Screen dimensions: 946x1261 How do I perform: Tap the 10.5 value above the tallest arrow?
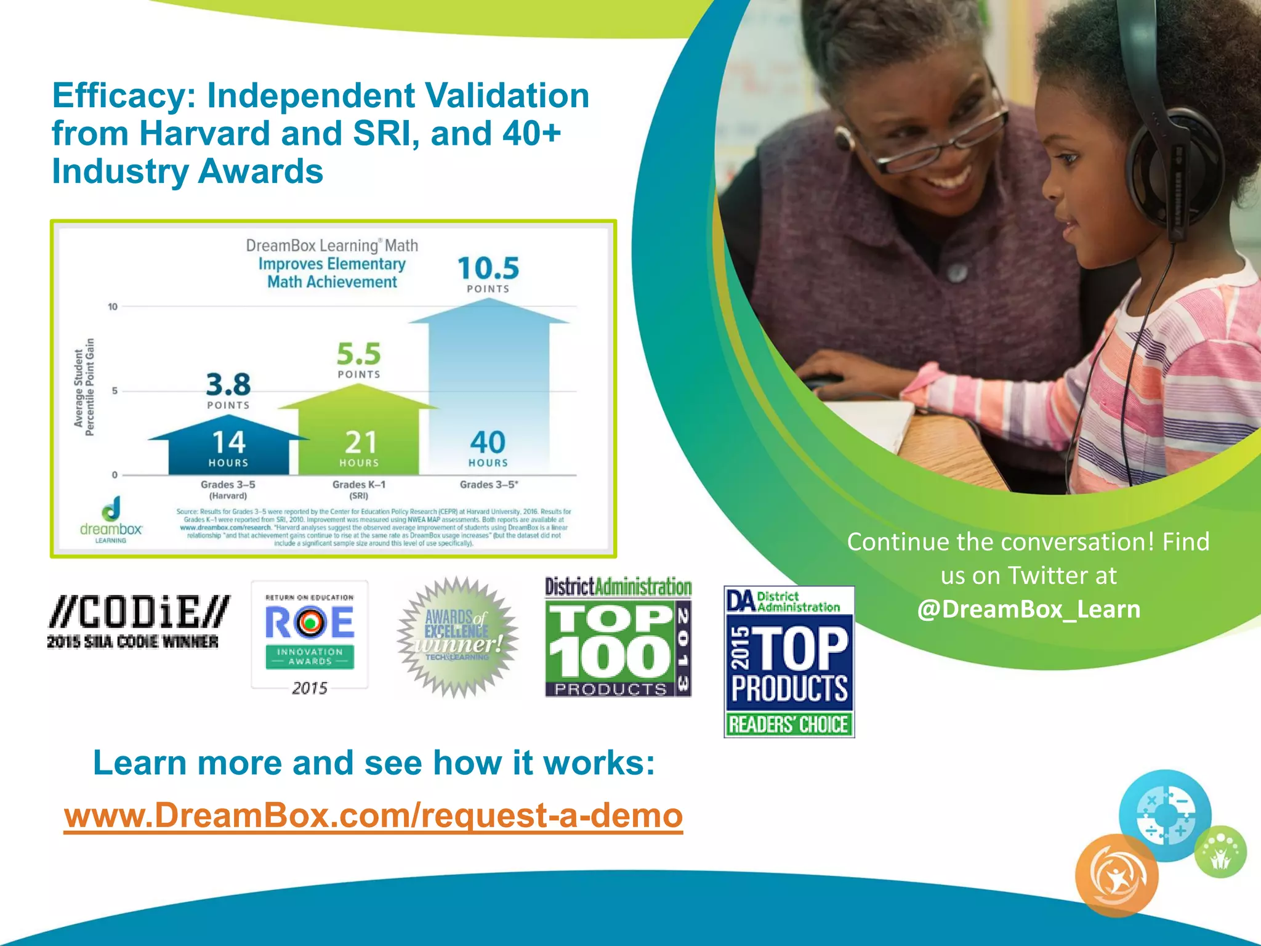pos(488,269)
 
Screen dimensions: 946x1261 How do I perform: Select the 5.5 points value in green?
pos(359,355)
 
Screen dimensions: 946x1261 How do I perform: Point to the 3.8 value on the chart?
pos(228,386)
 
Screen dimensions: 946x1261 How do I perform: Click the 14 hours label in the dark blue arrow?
pos(228,448)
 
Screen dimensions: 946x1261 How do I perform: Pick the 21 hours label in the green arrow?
pos(360,448)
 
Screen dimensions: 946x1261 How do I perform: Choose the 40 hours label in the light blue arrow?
pos(488,448)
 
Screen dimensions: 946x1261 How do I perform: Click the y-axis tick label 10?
pos(113,307)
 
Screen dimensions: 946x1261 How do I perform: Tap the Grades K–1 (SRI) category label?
pos(359,490)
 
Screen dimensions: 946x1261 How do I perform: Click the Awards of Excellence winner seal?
pos(457,637)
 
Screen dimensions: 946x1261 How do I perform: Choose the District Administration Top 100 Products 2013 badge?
pos(618,637)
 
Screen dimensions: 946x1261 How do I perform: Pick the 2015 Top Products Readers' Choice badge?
pos(789,662)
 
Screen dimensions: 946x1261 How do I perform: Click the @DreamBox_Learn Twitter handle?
pos(1028,609)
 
